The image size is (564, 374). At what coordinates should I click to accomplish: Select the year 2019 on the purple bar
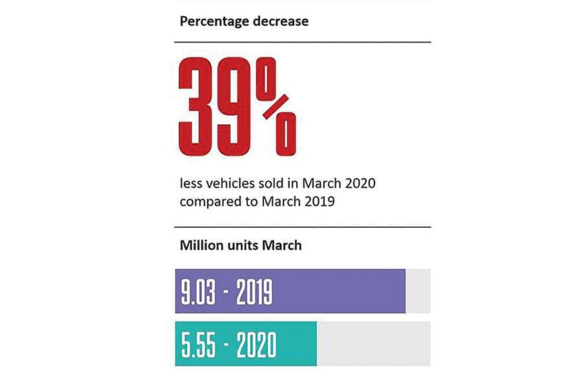[252, 292]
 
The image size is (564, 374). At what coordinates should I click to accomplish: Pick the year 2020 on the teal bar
[254, 344]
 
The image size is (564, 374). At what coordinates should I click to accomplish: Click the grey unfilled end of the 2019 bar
[418, 291]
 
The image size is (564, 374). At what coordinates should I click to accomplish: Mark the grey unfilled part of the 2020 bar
[373, 343]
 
